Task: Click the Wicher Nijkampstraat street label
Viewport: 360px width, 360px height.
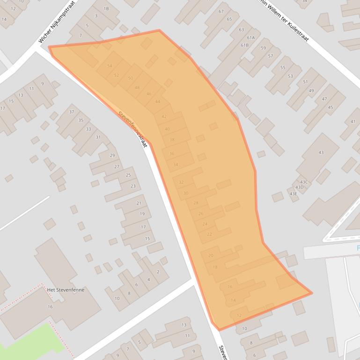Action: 57,22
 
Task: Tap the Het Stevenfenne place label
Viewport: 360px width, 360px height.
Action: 65,290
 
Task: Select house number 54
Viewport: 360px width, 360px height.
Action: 110,66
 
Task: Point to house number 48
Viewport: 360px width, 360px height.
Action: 137,87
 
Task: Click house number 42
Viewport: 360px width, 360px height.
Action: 164,116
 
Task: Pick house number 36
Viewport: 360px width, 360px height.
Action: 172,153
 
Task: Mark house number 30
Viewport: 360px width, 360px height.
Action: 186,193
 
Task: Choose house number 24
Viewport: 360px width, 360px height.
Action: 205,224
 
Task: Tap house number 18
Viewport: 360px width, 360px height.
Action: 215,267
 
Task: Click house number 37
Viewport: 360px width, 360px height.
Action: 72,112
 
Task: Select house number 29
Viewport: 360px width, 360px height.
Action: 112,156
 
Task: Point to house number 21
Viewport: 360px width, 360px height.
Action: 139,203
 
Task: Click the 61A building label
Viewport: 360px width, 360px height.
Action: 251,38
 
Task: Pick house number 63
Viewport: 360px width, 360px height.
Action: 241,30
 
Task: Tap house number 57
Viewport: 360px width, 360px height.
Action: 271,56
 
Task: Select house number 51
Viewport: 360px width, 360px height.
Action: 305,82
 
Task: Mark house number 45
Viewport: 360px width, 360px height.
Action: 331,108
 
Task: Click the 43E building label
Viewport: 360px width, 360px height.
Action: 293,194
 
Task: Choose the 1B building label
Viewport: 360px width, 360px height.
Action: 106,8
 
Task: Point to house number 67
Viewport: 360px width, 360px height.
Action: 221,11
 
